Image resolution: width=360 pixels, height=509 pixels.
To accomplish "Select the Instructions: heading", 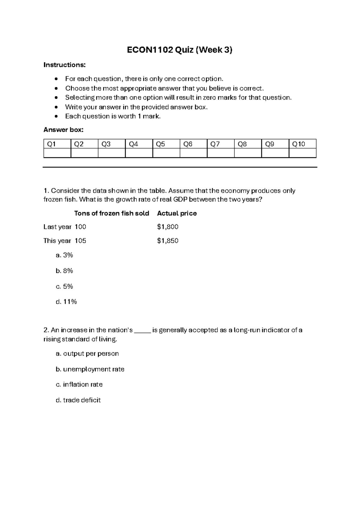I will [64, 65].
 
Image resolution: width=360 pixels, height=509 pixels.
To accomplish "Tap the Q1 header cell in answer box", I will [57, 144].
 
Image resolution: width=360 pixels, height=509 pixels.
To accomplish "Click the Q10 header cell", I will [302, 144].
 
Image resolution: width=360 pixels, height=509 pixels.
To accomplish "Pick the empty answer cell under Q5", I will [166, 153].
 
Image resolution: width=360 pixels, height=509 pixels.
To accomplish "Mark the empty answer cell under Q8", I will [248, 153].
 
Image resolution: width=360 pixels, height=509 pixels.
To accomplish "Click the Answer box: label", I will [63, 130].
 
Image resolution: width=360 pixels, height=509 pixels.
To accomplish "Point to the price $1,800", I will [168, 227].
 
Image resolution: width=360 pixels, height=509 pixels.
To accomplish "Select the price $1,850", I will [168, 241].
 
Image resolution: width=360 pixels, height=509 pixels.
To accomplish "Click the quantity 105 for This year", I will [80, 241].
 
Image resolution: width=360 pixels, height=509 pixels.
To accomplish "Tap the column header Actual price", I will [177, 213].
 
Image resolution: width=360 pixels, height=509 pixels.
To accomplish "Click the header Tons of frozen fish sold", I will [112, 213].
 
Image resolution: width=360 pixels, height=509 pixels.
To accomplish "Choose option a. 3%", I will [64, 255].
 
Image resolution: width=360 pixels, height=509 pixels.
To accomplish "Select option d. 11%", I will [66, 302].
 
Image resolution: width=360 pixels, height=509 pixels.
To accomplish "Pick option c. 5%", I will [64, 286].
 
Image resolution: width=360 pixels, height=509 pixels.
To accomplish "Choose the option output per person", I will [87, 354].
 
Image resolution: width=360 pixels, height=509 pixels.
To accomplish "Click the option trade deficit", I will [78, 400].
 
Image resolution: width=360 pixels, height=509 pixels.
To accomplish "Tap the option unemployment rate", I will [90, 369].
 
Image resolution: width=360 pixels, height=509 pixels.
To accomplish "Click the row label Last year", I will [57, 227].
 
